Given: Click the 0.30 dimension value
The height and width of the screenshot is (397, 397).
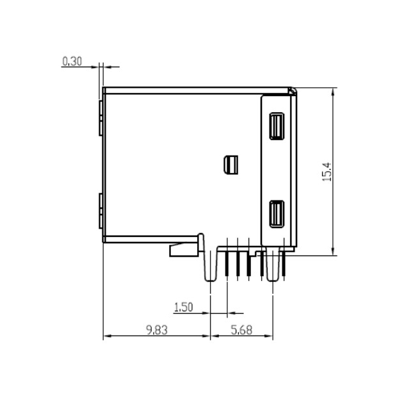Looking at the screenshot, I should click(72, 61).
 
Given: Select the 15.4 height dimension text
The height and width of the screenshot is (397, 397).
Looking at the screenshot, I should click(326, 172).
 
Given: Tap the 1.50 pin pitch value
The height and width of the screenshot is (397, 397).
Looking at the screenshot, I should click(183, 307).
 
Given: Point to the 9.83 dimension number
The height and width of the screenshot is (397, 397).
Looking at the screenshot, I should click(157, 330).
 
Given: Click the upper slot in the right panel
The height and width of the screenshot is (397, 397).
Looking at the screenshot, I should click(277, 126).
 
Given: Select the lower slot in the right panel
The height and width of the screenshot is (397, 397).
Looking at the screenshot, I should click(277, 214).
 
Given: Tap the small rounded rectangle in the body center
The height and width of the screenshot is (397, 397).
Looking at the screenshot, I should click(231, 165).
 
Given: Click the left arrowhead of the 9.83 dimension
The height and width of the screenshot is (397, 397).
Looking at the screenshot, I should click(107, 336).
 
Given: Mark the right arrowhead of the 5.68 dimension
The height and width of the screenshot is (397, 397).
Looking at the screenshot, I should click(270, 336).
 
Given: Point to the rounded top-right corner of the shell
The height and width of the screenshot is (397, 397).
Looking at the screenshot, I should click(293, 91).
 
